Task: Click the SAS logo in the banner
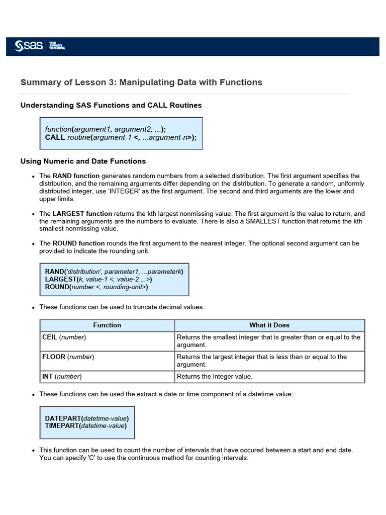pyautogui.click(x=29, y=46)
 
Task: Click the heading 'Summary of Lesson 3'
pyautogui.click(x=141, y=82)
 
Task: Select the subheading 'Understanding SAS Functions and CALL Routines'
pyautogui.click(x=111, y=105)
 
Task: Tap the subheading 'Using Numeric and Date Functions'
pyautogui.click(x=83, y=161)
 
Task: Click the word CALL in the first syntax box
pyautogui.click(x=55, y=137)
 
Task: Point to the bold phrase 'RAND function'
pyautogui.click(x=76, y=176)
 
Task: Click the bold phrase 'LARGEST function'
pyautogui.click(x=82, y=214)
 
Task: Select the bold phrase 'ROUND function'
pyautogui.click(x=78, y=243)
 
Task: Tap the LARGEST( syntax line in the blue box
pyautogui.click(x=99, y=279)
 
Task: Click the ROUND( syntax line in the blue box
pyautogui.click(x=96, y=287)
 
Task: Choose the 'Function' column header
pyautogui.click(x=107, y=325)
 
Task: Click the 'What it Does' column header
pyautogui.click(x=269, y=325)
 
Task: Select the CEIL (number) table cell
pyautogui.click(x=64, y=337)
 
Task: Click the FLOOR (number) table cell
pyautogui.click(x=68, y=357)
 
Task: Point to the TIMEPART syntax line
pyautogui.click(x=86, y=426)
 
